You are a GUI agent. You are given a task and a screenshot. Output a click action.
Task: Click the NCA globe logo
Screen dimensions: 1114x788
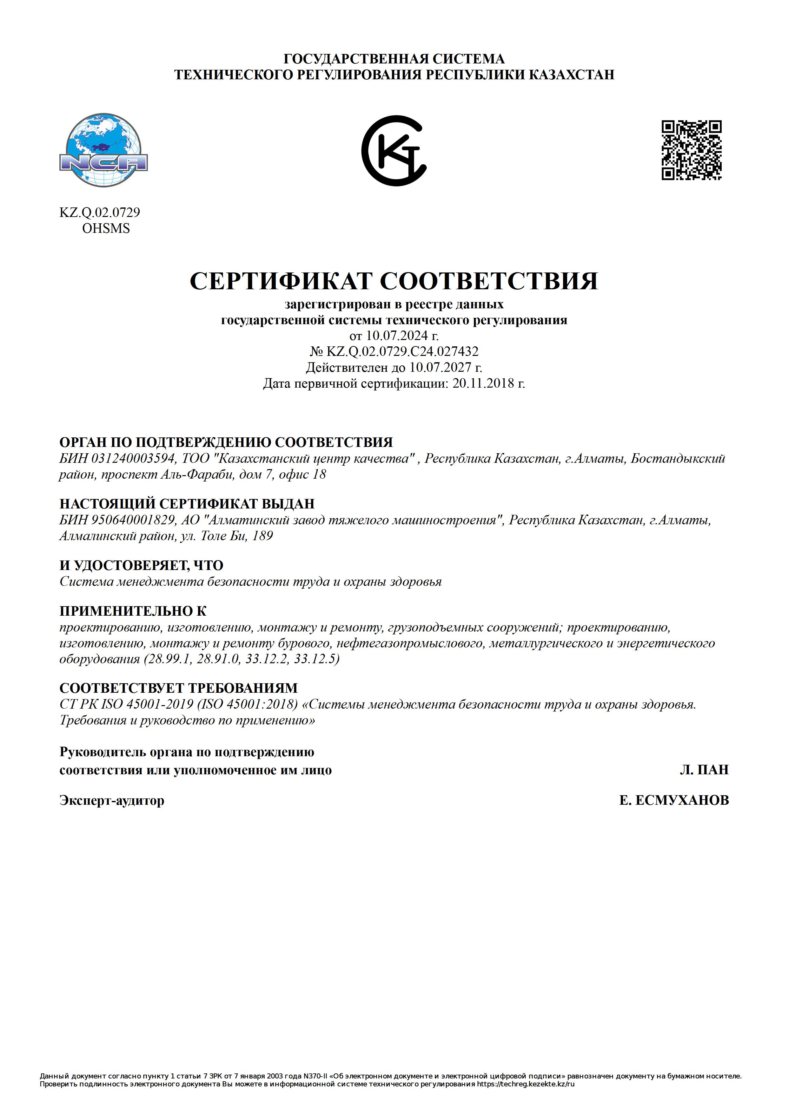pos(103,150)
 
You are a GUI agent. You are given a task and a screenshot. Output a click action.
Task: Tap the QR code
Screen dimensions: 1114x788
pos(692,150)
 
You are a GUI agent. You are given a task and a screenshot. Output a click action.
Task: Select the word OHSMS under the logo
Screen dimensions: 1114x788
pos(106,228)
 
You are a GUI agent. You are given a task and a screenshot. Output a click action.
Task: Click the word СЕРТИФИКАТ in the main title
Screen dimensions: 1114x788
pos(281,281)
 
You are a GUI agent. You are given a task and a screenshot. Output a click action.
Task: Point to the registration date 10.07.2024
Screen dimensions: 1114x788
pos(397,335)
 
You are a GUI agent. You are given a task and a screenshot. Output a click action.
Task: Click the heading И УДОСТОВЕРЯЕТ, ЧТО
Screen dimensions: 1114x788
pos(141,565)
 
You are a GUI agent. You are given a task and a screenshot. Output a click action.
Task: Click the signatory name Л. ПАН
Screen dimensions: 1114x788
pos(704,770)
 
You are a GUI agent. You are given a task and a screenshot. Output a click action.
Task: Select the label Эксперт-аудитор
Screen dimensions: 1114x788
pos(112,800)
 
